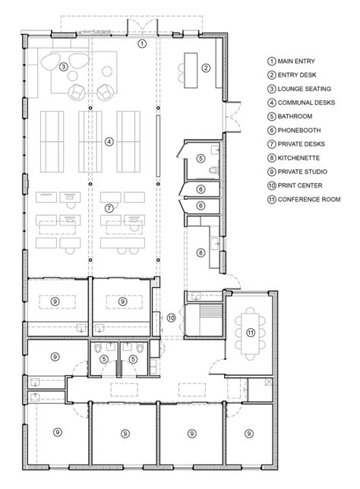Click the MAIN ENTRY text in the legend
[296, 61]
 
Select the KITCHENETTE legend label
[298, 158]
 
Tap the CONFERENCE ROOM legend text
[309, 199]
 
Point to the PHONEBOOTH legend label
[299, 130]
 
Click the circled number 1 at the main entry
[142, 43]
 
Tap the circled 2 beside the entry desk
[206, 68]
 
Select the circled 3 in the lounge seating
[63, 66]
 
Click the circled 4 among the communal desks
[109, 142]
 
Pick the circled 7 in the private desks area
[109, 208]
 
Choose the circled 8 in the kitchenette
[201, 253]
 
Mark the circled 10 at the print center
[171, 318]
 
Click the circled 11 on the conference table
[251, 333]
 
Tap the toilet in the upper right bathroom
[213, 170]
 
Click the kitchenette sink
[215, 243]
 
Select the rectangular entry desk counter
[191, 71]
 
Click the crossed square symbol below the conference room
[268, 382]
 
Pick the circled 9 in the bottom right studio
[248, 434]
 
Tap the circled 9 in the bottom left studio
[58, 432]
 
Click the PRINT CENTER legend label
[300, 185]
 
